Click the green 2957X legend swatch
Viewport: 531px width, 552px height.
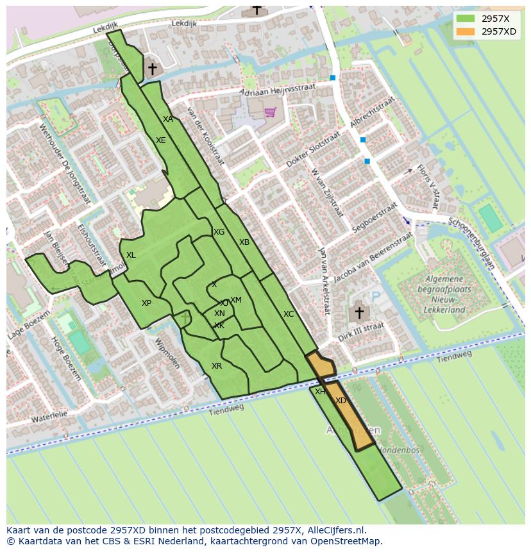(x=466, y=19)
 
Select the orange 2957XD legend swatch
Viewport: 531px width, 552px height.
(x=466, y=31)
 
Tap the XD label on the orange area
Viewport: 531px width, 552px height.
(x=341, y=401)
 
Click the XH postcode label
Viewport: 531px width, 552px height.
(x=320, y=391)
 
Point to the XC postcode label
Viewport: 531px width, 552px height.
(x=289, y=314)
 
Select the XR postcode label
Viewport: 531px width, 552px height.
(x=217, y=366)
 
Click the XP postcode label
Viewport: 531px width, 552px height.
(x=147, y=303)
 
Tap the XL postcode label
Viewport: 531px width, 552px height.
(x=131, y=255)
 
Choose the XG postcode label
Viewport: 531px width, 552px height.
(x=219, y=232)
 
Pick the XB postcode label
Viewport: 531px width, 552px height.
(x=244, y=242)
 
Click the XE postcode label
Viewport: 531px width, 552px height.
(x=161, y=140)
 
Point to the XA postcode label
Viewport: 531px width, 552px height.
(x=168, y=119)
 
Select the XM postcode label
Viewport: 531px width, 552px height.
(x=236, y=300)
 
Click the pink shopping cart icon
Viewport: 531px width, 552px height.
(x=271, y=113)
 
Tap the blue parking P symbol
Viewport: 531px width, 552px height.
(x=376, y=297)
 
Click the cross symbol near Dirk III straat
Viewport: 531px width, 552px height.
(x=359, y=314)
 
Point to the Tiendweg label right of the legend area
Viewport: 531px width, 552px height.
(x=454, y=355)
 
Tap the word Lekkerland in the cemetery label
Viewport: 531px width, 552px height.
(x=444, y=309)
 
